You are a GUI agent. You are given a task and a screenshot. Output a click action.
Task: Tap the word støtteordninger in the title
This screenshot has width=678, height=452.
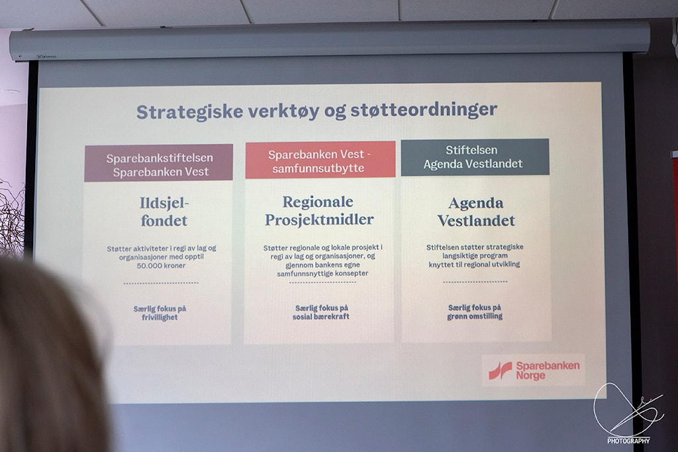pos(424,109)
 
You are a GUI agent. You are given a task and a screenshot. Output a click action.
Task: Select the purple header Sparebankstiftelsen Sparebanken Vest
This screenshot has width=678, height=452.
pos(159,163)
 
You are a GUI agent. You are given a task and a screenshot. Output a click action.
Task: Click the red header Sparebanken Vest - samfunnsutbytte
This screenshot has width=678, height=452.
pos(320,160)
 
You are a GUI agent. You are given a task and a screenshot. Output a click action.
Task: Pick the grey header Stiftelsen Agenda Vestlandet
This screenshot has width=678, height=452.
pos(475,158)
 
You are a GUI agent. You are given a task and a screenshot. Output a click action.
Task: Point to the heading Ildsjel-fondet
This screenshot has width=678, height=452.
pos(164,212)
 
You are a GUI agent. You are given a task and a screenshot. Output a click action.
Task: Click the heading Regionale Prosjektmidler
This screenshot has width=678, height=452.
pos(319,210)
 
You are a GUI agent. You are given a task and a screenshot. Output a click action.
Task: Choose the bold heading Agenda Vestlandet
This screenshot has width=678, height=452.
pos(476,212)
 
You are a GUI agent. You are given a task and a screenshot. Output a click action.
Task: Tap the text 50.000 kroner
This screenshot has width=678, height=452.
pos(161,265)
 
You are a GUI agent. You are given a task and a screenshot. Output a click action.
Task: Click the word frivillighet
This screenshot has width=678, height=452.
pos(160,317)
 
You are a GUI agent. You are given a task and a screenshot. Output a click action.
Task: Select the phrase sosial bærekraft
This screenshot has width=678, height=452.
pos(321,316)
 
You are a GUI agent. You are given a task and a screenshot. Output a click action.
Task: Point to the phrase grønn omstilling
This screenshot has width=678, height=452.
pos(475,316)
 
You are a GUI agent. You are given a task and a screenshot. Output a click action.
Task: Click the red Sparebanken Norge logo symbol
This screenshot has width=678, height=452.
pos(501,371)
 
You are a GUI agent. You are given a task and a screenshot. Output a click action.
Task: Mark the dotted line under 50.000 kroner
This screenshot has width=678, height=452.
pos(161,283)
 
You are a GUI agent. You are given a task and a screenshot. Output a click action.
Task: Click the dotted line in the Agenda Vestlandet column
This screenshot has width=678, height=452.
pos(475,282)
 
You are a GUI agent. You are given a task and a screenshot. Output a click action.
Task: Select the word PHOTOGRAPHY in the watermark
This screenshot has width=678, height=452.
pos(628,441)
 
